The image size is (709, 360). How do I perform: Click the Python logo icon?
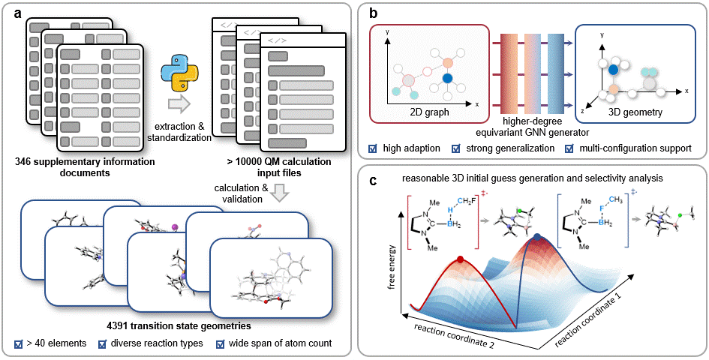click(x=182, y=73)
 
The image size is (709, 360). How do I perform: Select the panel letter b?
click(x=372, y=13)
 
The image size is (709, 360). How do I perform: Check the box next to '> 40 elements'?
click(x=19, y=345)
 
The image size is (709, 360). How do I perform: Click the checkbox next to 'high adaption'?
click(x=373, y=148)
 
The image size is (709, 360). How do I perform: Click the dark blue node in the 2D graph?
click(x=448, y=78)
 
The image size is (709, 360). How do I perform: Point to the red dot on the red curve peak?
click(x=461, y=262)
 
